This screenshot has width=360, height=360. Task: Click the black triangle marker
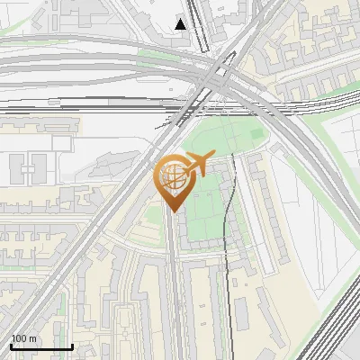click(x=181, y=24)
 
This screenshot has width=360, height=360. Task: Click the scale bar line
click(x=41, y=347)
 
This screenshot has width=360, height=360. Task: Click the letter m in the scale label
click(x=32, y=339)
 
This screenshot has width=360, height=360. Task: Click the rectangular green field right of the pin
click(x=205, y=216)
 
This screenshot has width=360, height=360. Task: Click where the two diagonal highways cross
click(x=216, y=76)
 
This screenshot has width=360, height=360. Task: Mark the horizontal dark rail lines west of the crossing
click(x=90, y=106)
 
